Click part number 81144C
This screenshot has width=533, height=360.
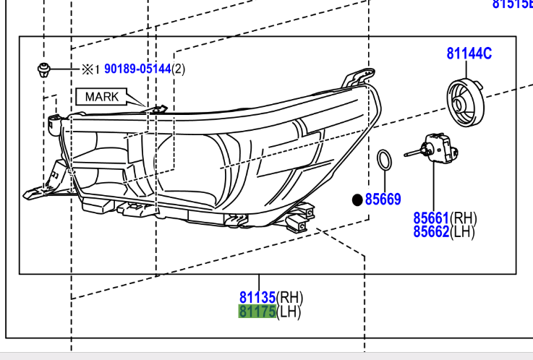tap(469, 53)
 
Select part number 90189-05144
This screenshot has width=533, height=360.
tap(137, 69)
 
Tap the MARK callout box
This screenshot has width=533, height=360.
tap(101, 96)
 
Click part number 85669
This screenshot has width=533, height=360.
tap(383, 199)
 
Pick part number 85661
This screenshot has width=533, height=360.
tap(432, 217)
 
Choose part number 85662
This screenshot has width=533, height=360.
tap(432, 231)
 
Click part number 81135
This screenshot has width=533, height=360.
tap(257, 297)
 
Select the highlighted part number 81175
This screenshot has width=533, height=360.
tap(257, 312)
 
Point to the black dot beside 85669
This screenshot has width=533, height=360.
tap(357, 199)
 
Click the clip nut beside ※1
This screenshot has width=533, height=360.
tap(45, 70)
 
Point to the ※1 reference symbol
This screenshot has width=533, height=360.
tap(88, 69)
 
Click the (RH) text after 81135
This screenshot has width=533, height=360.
tap(289, 297)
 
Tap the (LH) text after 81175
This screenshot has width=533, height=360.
tap(289, 312)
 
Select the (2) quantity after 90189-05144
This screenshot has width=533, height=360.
tap(179, 69)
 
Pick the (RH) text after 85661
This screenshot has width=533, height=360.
tap(464, 217)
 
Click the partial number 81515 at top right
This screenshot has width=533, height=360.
tap(512, 4)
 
